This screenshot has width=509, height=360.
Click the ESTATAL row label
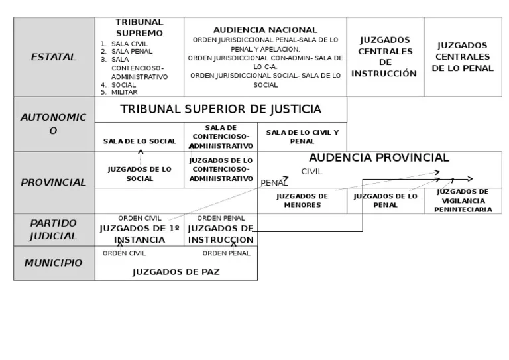54,57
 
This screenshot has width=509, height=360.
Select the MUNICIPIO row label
54,263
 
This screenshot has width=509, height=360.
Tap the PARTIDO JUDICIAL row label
54,229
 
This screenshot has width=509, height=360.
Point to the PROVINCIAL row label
54,182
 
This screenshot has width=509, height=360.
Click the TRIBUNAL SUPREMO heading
139,28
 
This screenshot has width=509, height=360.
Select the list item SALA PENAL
132,52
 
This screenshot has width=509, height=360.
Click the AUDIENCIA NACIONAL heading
265,30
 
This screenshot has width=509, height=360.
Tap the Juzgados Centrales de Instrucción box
385,57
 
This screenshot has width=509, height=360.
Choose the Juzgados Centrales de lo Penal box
463,57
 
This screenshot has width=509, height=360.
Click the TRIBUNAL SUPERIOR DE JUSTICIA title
221,109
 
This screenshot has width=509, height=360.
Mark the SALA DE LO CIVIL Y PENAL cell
302,137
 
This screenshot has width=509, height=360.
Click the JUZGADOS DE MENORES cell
302,201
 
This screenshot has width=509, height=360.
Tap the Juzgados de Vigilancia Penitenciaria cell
463,201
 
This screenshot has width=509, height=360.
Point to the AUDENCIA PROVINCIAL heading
379,158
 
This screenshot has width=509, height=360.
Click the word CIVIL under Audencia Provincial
312,172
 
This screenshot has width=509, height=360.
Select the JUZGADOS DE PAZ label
176,272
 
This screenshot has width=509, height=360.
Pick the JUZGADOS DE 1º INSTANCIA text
140,235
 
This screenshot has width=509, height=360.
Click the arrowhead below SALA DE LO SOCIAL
141,151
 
